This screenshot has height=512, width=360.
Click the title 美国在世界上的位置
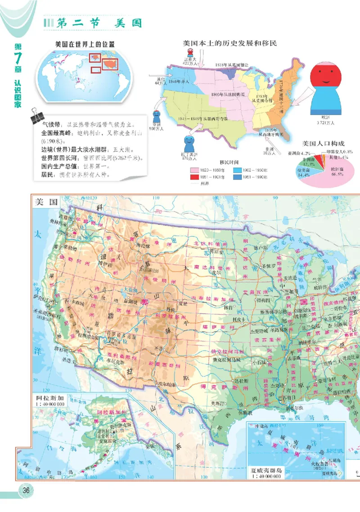point(85,45)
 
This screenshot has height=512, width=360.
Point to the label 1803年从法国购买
point(228,94)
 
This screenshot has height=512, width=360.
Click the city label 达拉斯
point(242,381)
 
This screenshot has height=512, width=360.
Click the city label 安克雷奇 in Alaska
point(105,436)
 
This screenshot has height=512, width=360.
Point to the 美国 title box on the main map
point(45,202)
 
